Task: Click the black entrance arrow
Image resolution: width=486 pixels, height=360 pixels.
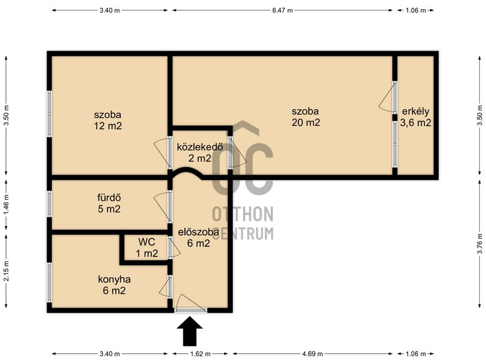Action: (190, 331)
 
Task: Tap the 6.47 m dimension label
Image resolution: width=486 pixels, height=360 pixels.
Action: (283, 10)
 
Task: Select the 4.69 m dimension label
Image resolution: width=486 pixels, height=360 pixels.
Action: (313, 354)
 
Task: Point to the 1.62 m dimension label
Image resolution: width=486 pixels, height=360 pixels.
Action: (200, 354)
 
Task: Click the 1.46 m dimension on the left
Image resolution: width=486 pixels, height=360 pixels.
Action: (7, 204)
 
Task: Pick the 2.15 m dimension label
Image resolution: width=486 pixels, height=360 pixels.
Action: (7, 271)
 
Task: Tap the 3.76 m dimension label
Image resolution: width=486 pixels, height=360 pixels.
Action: (480, 243)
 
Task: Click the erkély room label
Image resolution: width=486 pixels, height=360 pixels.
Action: (416, 111)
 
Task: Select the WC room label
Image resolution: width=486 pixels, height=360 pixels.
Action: (146, 242)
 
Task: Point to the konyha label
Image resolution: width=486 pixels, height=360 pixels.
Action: (114, 280)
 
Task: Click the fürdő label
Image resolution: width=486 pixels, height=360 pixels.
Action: (109, 198)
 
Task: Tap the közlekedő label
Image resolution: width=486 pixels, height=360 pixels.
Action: (200, 147)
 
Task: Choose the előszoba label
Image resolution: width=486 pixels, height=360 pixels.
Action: (199, 232)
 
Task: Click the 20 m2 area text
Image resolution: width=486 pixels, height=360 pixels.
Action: (306, 122)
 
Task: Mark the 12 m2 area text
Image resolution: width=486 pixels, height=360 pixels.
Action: (108, 126)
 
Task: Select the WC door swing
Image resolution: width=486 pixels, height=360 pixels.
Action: (175, 247)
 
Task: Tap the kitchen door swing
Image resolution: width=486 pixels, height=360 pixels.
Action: (165, 287)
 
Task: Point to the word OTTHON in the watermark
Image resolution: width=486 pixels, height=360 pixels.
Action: (243, 214)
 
